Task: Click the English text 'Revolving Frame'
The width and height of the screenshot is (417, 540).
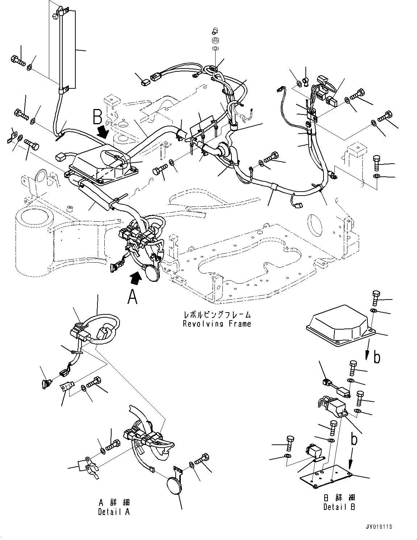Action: click(217, 324)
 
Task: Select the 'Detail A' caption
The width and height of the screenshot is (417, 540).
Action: click(114, 512)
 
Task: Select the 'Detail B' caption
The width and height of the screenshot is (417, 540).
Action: click(339, 507)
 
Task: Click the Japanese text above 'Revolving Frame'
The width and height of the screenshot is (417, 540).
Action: click(217, 314)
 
